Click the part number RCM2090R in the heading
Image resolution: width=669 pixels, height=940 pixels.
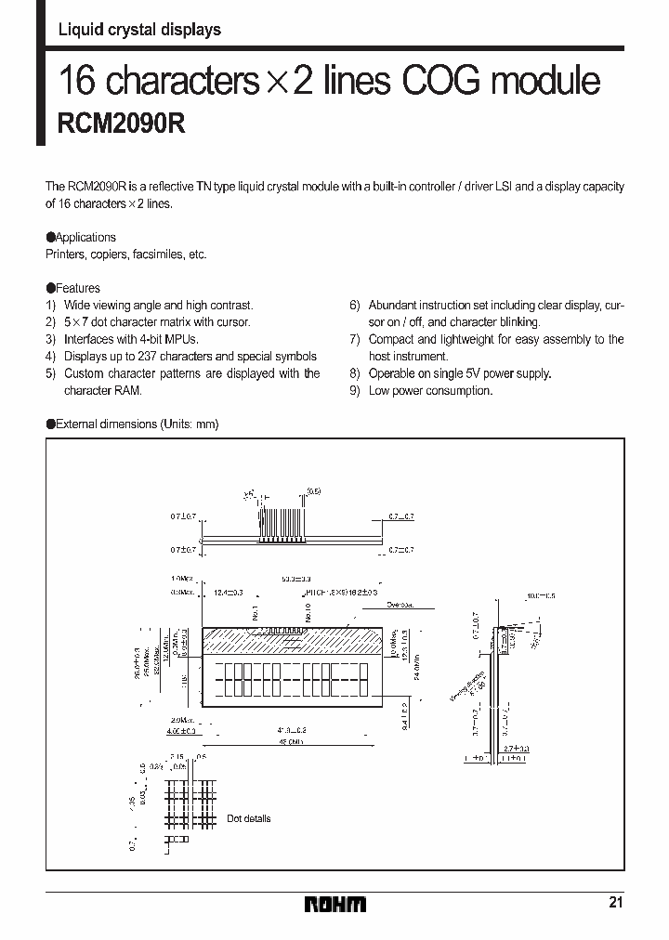point(122,124)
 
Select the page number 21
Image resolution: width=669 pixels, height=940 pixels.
point(616,902)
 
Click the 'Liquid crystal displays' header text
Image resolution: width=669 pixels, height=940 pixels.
point(139,30)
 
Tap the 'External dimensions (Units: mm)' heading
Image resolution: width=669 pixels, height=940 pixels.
point(137,424)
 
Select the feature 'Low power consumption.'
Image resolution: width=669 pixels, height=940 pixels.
point(430,391)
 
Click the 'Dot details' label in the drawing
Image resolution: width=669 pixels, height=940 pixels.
point(249,818)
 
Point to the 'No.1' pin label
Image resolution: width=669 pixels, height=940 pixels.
point(254,613)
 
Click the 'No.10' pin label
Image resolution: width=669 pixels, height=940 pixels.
point(308,613)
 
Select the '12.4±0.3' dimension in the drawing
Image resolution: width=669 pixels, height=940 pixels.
point(228,592)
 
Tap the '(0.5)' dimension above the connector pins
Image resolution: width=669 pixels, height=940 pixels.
point(314,490)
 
